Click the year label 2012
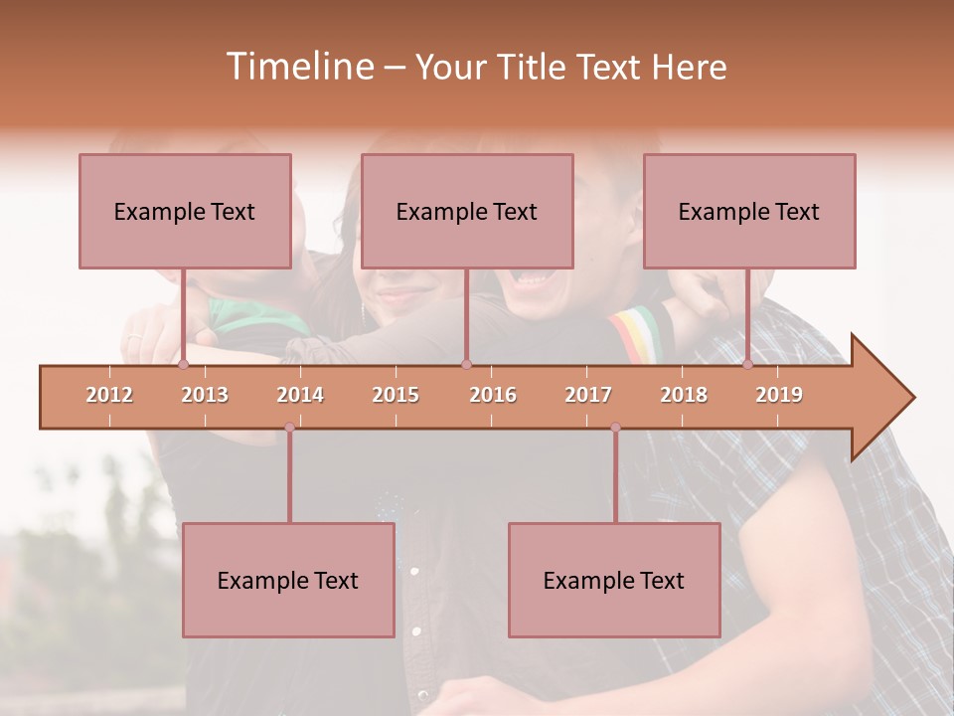pos(109,395)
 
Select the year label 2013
pos(205,395)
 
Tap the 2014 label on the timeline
pos(300,395)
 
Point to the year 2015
pos(396,395)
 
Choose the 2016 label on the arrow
pos(493,395)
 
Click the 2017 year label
pos(588,395)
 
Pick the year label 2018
pos(684,395)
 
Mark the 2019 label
pos(779,395)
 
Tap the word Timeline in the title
pos(298,67)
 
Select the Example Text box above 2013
pos(185,211)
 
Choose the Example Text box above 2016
pos(467,211)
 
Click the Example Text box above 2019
pos(749,211)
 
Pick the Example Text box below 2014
pos(288,580)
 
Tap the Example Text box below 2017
pos(614,580)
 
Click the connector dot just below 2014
pos(289,428)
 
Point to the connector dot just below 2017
pos(615,428)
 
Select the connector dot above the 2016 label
pos(466,364)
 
